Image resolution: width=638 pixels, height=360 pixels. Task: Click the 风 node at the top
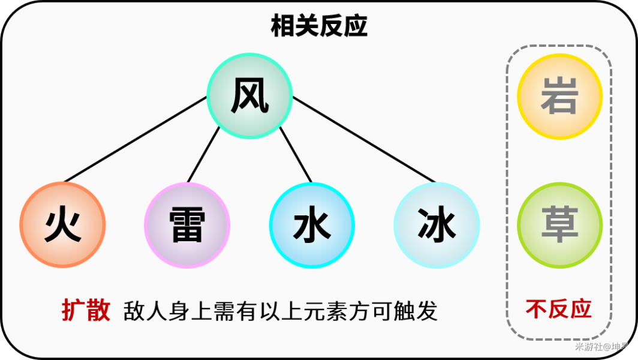(249, 96)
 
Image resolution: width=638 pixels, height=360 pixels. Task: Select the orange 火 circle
(62, 225)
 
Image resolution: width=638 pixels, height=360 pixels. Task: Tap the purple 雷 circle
(187, 225)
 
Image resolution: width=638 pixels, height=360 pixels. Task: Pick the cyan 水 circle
(312, 225)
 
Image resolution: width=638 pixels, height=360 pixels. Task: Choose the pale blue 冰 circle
(437, 225)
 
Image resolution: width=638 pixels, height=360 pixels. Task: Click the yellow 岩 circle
(559, 97)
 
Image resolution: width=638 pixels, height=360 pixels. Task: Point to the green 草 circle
(559, 225)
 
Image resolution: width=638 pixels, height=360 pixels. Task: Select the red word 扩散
(86, 310)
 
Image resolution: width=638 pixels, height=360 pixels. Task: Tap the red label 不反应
(558, 309)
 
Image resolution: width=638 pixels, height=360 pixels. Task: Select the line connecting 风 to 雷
(204, 154)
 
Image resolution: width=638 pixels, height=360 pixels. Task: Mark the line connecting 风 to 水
(296, 154)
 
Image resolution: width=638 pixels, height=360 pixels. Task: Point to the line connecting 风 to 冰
(363, 139)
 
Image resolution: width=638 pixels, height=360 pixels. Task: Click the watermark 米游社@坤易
(601, 347)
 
